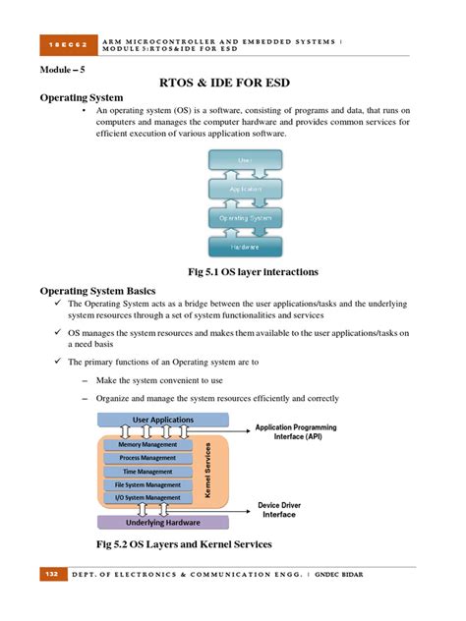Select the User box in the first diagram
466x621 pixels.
245,158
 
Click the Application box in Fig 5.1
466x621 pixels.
245,189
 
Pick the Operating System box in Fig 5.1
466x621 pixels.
245,218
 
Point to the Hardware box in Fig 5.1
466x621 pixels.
245,248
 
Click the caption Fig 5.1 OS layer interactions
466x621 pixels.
253,271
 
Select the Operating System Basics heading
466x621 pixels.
97,291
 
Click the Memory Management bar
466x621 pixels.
148,445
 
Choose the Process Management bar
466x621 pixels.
148,458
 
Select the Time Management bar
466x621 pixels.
148,472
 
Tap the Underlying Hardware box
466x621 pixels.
163,523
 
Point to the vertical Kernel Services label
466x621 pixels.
207,472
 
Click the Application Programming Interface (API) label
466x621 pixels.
296,431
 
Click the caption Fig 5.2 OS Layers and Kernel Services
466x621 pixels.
183,543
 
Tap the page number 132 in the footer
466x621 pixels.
51,573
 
